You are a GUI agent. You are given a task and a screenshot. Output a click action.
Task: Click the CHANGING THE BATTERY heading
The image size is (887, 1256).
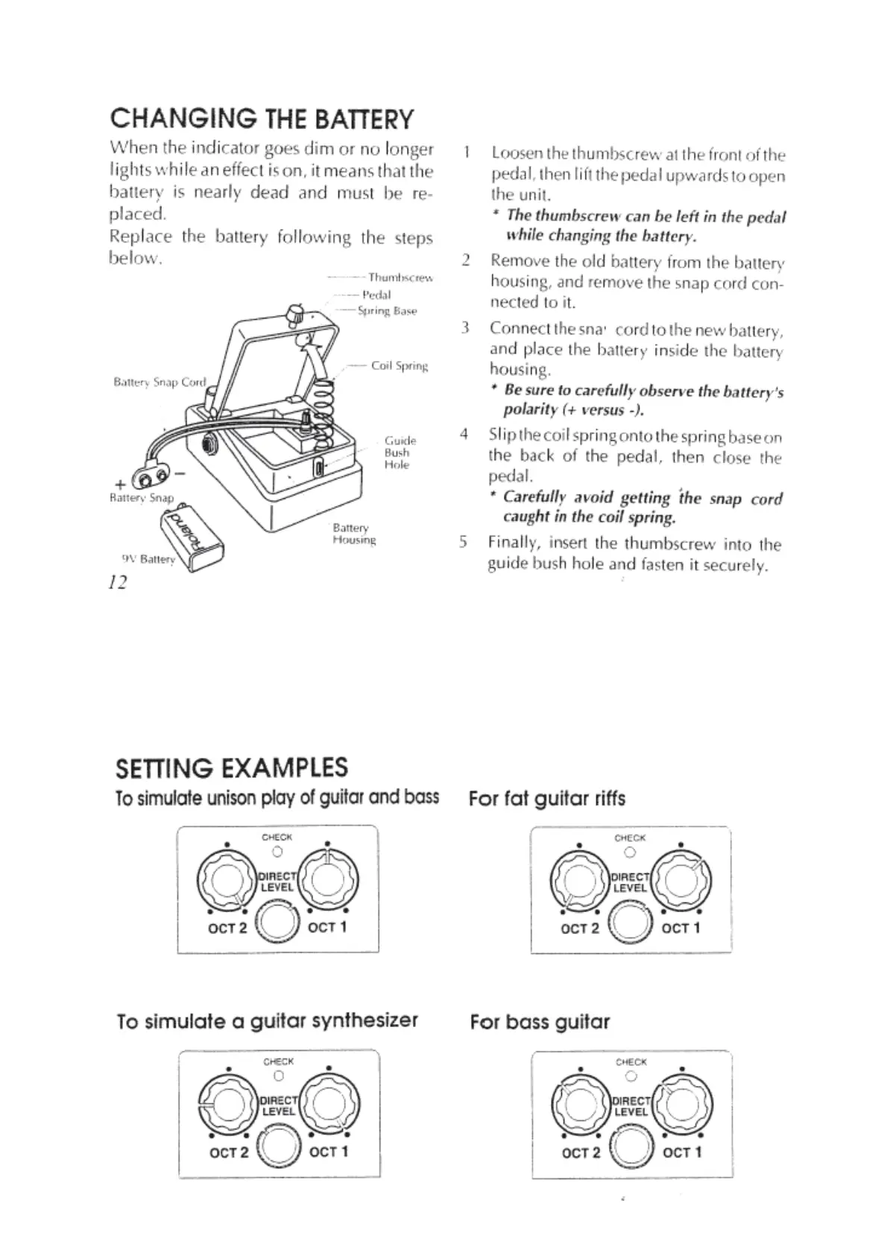(261, 119)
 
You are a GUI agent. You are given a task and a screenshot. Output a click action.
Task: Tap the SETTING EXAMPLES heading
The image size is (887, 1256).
(232, 767)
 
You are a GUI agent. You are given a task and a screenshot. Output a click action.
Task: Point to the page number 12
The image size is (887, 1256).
(118, 582)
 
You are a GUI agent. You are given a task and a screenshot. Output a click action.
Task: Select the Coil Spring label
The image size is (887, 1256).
(400, 365)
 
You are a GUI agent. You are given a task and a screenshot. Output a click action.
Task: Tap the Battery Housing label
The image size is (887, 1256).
(354, 533)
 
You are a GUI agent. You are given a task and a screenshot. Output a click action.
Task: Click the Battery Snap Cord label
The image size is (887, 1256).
(159, 382)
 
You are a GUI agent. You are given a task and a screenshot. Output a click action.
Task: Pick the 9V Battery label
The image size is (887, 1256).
(148, 559)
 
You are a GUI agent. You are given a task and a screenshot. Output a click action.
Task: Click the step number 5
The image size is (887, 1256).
(463, 542)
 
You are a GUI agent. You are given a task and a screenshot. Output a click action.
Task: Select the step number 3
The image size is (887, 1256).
(464, 327)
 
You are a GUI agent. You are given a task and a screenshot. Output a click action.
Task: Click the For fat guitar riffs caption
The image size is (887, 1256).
(546, 799)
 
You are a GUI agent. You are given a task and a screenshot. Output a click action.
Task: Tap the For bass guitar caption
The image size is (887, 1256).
(540, 1021)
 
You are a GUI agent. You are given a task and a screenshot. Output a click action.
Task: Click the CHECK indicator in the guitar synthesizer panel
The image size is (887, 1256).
(278, 1076)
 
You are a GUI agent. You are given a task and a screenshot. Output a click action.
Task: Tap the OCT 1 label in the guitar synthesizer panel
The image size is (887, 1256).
(328, 1152)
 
